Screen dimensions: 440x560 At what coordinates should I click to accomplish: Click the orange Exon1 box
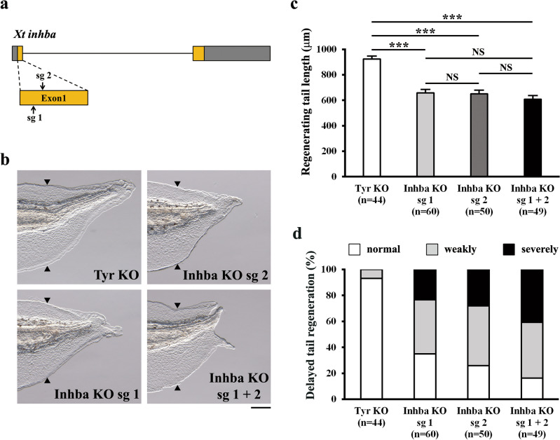click(x=54, y=97)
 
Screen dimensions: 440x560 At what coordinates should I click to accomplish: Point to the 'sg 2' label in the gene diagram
click(x=43, y=73)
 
